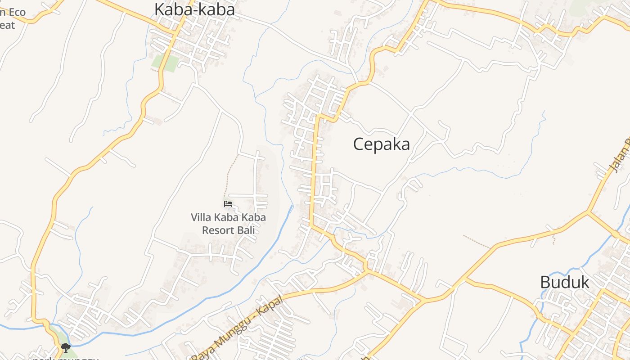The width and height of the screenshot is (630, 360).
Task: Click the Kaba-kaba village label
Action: coord(194,9)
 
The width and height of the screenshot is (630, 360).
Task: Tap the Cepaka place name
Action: coord(381,144)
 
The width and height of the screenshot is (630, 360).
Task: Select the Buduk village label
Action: coord(564,283)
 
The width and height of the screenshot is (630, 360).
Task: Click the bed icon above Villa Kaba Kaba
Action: coord(228,204)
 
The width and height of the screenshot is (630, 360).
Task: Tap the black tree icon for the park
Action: coord(66,347)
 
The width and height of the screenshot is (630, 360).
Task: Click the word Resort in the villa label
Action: coord(218,230)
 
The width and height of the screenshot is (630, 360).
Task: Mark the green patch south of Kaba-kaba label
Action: coord(166,63)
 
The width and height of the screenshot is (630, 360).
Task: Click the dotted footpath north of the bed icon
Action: coord(230,175)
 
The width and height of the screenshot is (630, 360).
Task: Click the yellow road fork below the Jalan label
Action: coord(588,211)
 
